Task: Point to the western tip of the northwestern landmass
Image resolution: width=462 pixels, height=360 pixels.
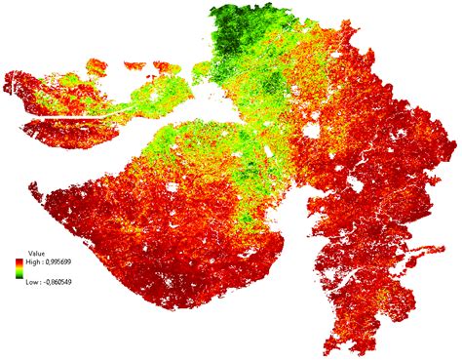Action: (x=6, y=78)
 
